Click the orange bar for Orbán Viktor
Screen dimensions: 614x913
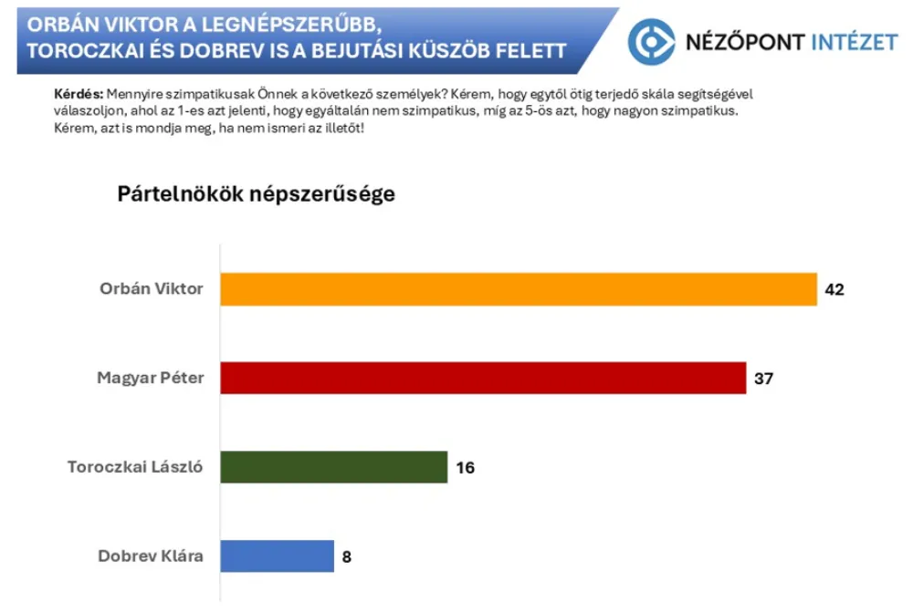pyautogui.click(x=519, y=290)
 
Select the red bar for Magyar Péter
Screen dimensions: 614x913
pyautogui.click(x=484, y=378)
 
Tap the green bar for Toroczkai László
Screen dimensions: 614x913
pyautogui.click(x=334, y=467)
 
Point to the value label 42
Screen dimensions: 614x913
pyautogui.click(x=835, y=290)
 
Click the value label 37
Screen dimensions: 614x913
pyautogui.click(x=764, y=378)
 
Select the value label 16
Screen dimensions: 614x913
pyautogui.click(x=465, y=467)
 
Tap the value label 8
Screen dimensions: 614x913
pyautogui.click(x=348, y=556)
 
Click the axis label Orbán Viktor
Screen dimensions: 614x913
pyautogui.click(x=152, y=290)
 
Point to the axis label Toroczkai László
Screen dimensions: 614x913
pyautogui.click(x=135, y=467)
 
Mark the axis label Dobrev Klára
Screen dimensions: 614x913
pyautogui.click(x=151, y=556)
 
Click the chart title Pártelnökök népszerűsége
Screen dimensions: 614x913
pyautogui.click(x=257, y=194)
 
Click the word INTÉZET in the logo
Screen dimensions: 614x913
pyautogui.click(x=855, y=41)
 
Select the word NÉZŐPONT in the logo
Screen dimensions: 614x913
pyautogui.click(x=745, y=41)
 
